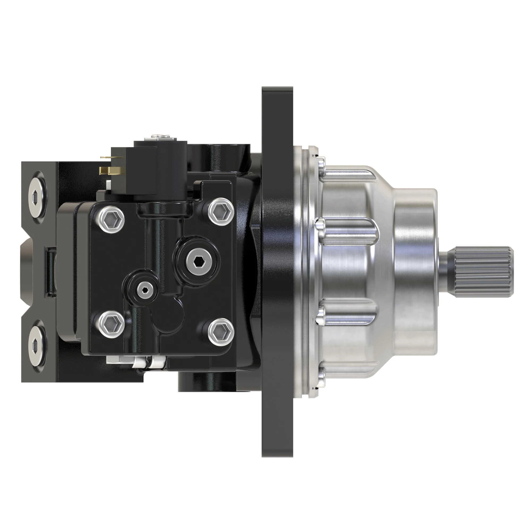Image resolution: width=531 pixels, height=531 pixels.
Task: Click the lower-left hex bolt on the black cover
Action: pyautogui.click(x=111, y=324)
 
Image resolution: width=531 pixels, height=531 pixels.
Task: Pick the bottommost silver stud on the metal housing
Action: pyautogui.click(x=321, y=376)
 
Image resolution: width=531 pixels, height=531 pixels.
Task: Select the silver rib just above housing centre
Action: pyautogui.click(x=349, y=232)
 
